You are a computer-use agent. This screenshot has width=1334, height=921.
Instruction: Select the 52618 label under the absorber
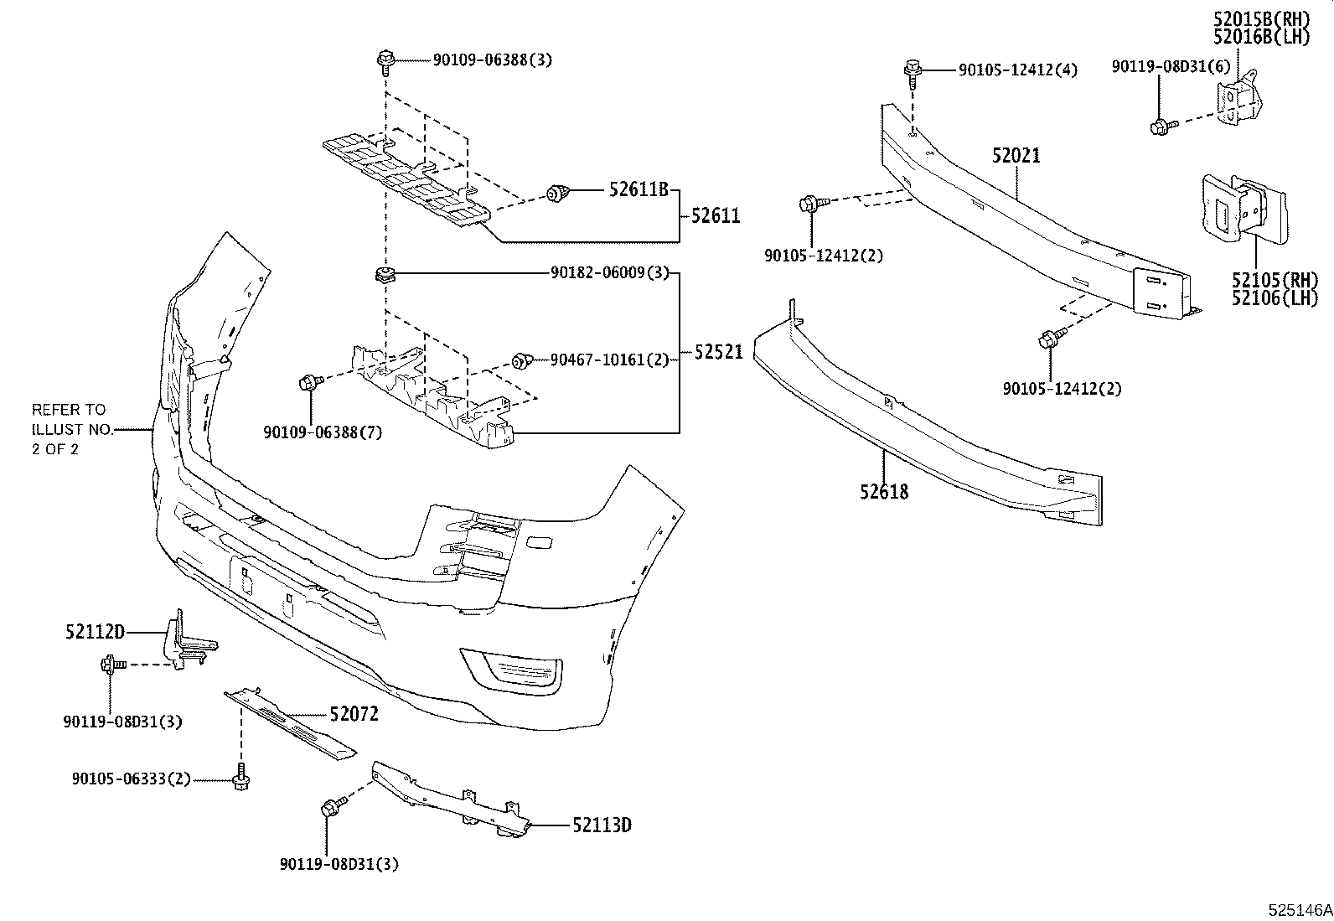883,492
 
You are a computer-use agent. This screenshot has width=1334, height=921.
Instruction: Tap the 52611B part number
639,191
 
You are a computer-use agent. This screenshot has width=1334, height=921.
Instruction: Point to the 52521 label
718,353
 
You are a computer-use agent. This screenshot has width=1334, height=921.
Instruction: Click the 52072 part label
354,714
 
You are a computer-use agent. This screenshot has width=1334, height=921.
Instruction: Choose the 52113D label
602,825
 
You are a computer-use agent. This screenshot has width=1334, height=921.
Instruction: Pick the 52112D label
95,632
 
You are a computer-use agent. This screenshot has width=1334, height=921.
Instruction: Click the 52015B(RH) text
1261,18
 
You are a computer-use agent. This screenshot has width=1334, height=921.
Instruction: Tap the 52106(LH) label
1275,298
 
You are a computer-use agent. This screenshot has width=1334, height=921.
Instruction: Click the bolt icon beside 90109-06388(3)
385,60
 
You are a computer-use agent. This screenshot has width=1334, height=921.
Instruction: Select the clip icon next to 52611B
556,194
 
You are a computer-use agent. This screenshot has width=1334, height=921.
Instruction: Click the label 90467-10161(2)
609,360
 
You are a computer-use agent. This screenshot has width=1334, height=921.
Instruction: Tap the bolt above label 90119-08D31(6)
1161,127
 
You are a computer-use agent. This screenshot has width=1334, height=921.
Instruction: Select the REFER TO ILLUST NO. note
69,429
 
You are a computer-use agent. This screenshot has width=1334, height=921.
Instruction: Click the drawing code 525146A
1297,909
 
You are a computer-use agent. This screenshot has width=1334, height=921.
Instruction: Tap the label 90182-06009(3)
609,273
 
